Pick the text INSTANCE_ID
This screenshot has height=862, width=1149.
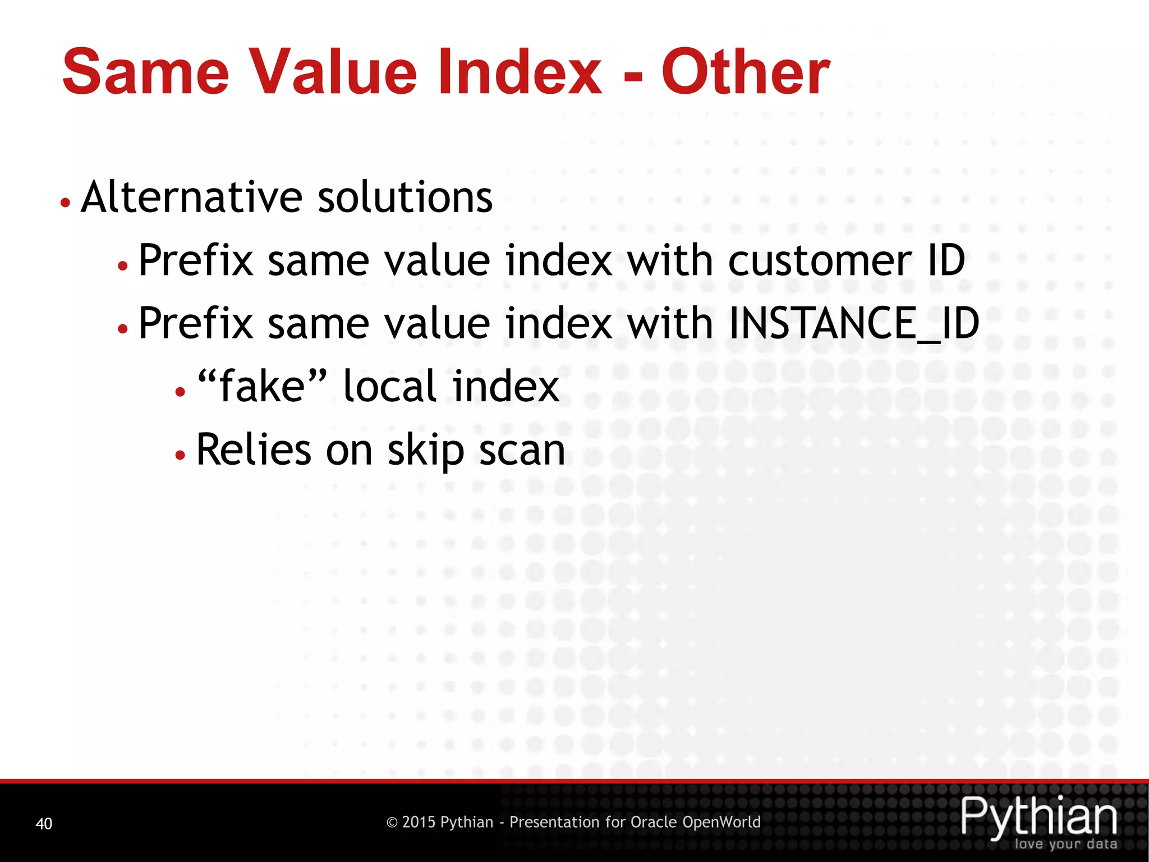coord(853,323)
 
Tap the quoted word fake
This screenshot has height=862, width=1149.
coord(262,386)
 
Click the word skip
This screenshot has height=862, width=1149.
coord(426,451)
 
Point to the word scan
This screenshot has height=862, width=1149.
coord(522,451)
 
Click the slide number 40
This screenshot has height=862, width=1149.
coord(44,823)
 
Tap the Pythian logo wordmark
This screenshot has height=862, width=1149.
coord(1039,817)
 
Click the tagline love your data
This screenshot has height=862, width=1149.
coord(1065,844)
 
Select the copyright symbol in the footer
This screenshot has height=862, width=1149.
coord(392,823)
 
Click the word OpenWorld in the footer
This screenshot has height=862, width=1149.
coord(721,822)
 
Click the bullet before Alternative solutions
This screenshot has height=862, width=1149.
coord(66,203)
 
